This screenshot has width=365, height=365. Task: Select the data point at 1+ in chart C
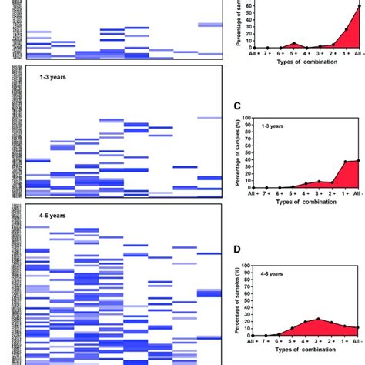point(346,162)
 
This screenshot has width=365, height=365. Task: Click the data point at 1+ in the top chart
point(346,29)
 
